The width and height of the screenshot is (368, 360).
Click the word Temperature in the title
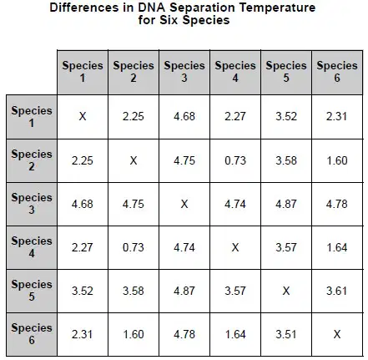277,8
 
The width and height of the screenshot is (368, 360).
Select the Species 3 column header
184,72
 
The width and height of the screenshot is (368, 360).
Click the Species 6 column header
337,72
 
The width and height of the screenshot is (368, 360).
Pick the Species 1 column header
83,72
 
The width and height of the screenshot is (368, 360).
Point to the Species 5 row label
32,291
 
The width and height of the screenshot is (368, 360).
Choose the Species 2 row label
32,160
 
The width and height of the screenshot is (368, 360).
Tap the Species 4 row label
32,247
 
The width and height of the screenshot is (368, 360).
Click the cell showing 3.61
337,291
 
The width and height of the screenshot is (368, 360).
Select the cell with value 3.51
286,334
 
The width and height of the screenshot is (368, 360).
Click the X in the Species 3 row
184,204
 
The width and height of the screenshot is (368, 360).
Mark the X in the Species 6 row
337,334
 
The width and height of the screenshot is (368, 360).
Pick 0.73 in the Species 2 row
235,160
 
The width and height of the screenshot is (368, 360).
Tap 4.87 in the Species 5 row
184,291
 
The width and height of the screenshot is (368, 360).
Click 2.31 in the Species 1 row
337,116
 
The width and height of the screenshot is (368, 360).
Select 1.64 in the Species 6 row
235,334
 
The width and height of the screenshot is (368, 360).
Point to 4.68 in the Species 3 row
83,204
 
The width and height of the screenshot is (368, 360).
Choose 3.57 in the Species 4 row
286,247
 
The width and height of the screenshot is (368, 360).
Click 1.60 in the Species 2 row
337,160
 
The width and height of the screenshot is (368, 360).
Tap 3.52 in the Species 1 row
286,116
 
